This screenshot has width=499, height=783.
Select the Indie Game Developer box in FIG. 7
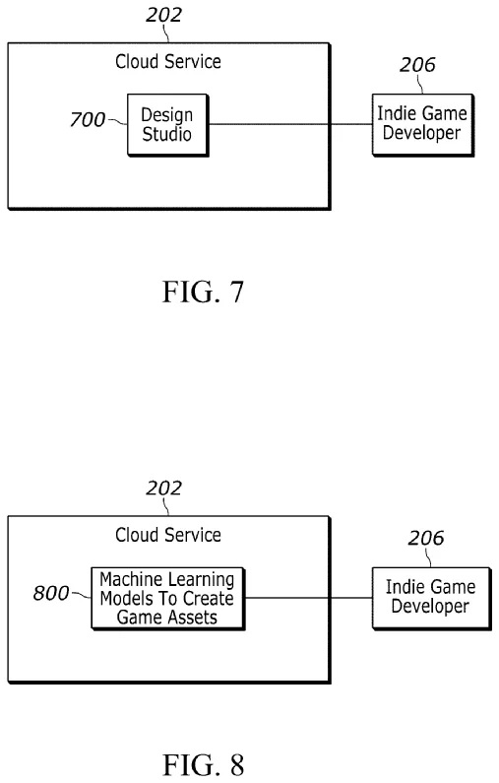tap(418, 124)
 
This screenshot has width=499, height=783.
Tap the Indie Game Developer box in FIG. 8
tap(430, 597)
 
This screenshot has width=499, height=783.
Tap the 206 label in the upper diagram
tap(417, 66)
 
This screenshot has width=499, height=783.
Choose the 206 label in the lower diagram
tap(426, 539)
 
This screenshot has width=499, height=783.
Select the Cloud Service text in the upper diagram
tap(168, 62)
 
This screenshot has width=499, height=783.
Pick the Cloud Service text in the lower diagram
tap(168, 536)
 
